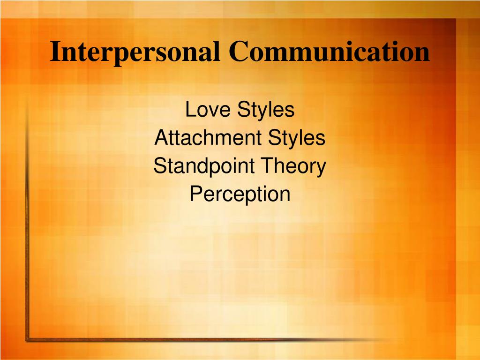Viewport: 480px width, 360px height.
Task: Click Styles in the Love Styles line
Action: click(267, 110)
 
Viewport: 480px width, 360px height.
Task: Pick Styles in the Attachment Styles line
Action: click(297, 138)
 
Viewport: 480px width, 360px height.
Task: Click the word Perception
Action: click(240, 195)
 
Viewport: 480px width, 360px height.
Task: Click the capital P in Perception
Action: click(195, 194)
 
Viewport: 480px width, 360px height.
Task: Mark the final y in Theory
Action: click(321, 169)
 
